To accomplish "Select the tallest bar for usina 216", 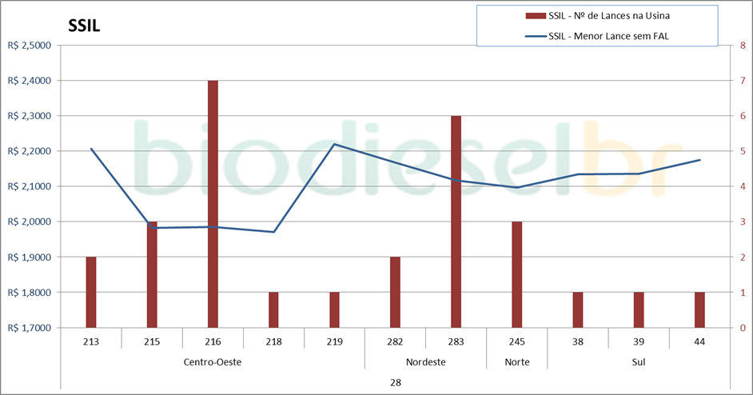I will (x=213, y=204).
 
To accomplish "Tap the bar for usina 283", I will (x=456, y=221).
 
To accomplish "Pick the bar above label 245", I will (x=516, y=274).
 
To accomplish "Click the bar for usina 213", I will (x=91, y=292).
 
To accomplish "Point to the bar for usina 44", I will (x=699, y=309).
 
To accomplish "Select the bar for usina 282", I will (x=395, y=292).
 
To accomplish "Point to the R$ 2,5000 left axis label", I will (x=29, y=46).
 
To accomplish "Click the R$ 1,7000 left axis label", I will (x=29, y=328).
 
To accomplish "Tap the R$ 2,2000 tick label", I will (x=29, y=151).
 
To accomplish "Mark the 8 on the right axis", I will (x=743, y=46).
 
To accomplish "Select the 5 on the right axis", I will (x=743, y=151).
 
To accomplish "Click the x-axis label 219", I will (x=334, y=341).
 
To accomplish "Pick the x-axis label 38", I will (x=577, y=341).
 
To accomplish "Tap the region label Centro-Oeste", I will (x=213, y=361).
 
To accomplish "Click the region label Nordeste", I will (x=425, y=361).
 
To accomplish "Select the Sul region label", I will (x=638, y=361).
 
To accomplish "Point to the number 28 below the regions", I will (x=395, y=382).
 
